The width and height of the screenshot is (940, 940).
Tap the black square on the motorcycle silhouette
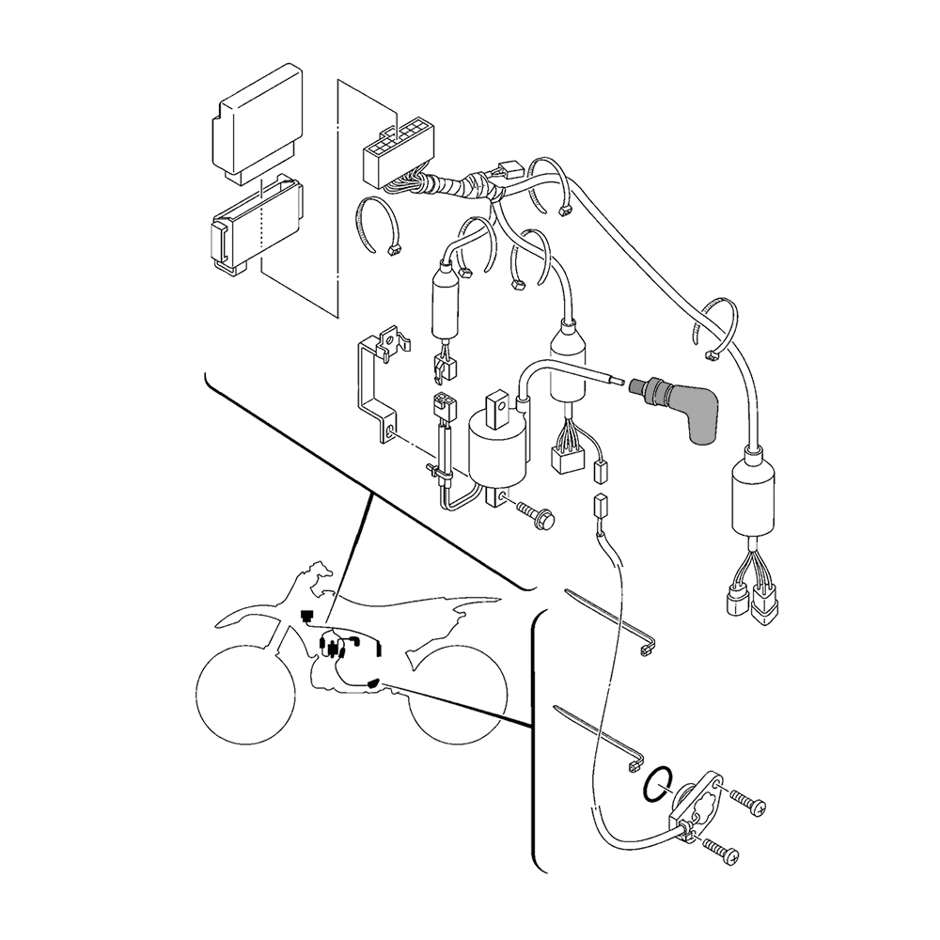click(x=305, y=615)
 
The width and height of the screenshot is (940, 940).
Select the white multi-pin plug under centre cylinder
click(x=564, y=458)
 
